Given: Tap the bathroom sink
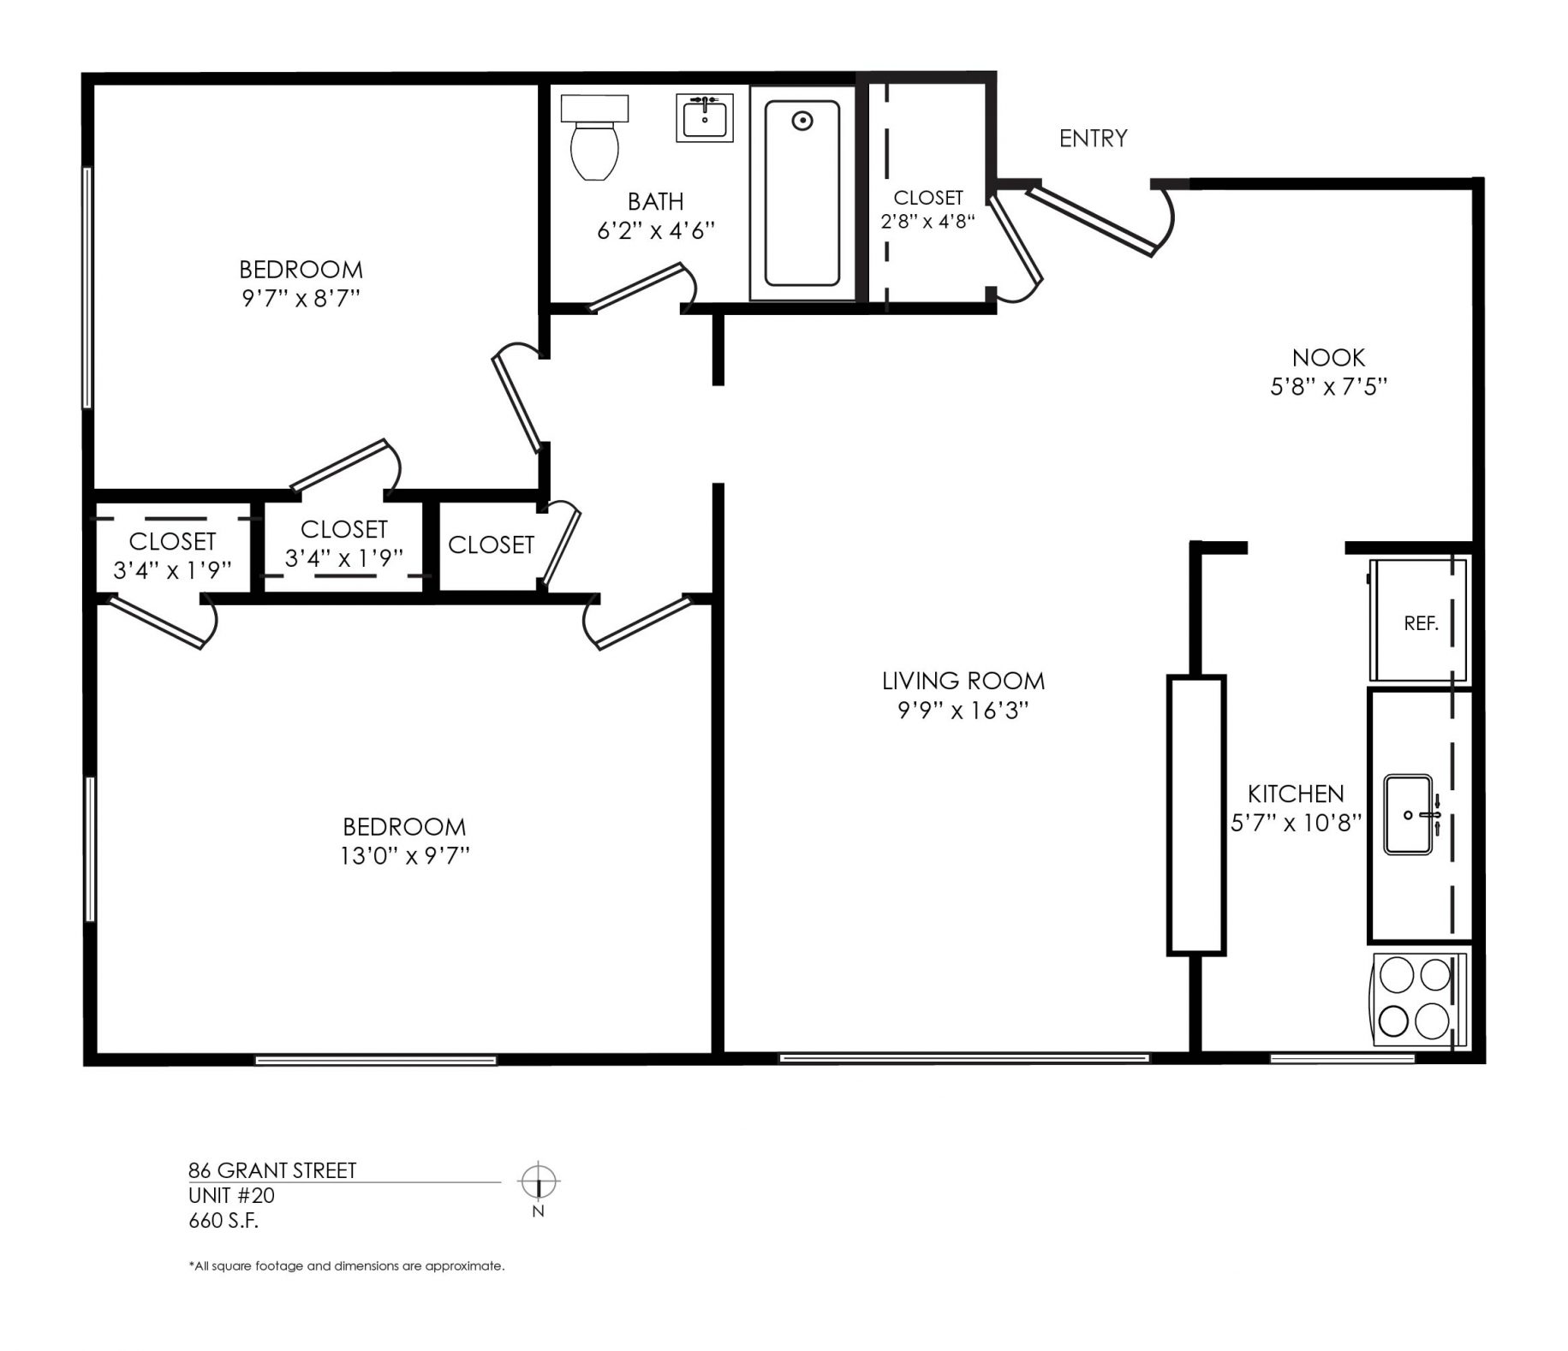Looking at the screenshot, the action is coord(704,117).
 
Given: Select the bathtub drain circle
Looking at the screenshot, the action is coord(802,121).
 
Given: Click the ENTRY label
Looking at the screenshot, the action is coord(1093,138).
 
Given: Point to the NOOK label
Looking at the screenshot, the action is coord(1328,357).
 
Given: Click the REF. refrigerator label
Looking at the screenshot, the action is coord(1421,624).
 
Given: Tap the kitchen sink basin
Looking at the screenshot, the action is coord(1409,814).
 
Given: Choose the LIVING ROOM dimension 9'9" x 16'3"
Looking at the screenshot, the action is coord(963,711).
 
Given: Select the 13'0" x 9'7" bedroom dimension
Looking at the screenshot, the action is coord(404,856).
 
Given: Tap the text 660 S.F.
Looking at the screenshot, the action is coord(224,1220).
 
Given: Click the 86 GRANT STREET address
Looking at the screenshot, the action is coord(272,1170).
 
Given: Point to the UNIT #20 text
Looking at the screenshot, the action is coord(231,1195).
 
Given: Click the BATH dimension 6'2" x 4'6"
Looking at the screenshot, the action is coord(655,230).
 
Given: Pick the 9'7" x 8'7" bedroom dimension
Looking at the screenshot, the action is coord(301,299).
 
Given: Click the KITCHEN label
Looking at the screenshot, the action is coord(1296,794).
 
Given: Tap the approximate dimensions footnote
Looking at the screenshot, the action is coord(346,1266).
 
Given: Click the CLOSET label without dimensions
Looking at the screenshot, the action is coord(491,545).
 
